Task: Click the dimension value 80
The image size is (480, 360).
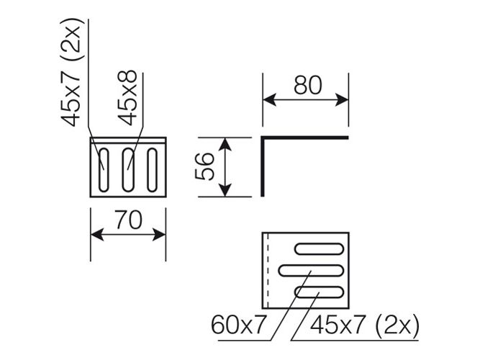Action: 308,85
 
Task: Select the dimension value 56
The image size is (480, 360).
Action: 204,166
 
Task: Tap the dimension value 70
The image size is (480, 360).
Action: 129,220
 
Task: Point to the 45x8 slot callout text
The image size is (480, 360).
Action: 127,98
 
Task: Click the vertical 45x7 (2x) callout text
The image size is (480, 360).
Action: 71,72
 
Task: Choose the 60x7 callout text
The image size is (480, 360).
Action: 237,325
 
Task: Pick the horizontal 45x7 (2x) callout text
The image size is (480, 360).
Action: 365,325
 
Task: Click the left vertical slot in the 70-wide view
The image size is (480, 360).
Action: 104,170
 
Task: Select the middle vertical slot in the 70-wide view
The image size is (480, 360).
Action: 128,170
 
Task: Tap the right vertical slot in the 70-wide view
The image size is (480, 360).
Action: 152,170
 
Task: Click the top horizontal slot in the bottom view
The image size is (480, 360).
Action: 320,249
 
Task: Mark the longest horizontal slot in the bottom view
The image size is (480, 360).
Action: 310,271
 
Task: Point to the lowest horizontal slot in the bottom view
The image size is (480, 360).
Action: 319,292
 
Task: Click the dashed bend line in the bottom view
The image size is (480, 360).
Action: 268,270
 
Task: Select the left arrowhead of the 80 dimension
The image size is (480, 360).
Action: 269,100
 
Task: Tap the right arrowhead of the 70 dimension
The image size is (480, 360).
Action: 159,235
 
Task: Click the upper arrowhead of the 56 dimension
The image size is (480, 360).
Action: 225,144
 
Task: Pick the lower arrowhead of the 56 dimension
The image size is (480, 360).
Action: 225,190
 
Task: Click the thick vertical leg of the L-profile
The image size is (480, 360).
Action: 263,166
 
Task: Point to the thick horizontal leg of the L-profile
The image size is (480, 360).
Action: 305,138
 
